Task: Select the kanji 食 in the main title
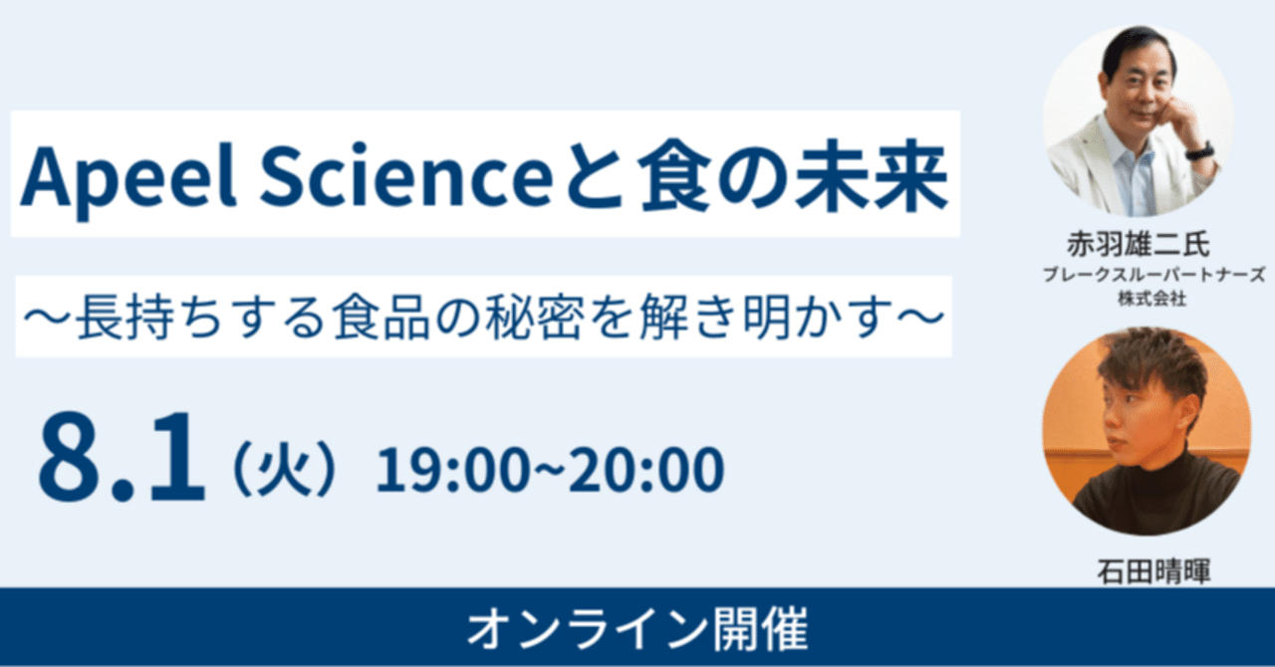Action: click(x=683, y=175)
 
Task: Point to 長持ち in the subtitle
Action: click(x=132, y=318)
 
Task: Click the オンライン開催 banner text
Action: click(x=637, y=629)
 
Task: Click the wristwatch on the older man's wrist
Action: click(x=1198, y=150)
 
